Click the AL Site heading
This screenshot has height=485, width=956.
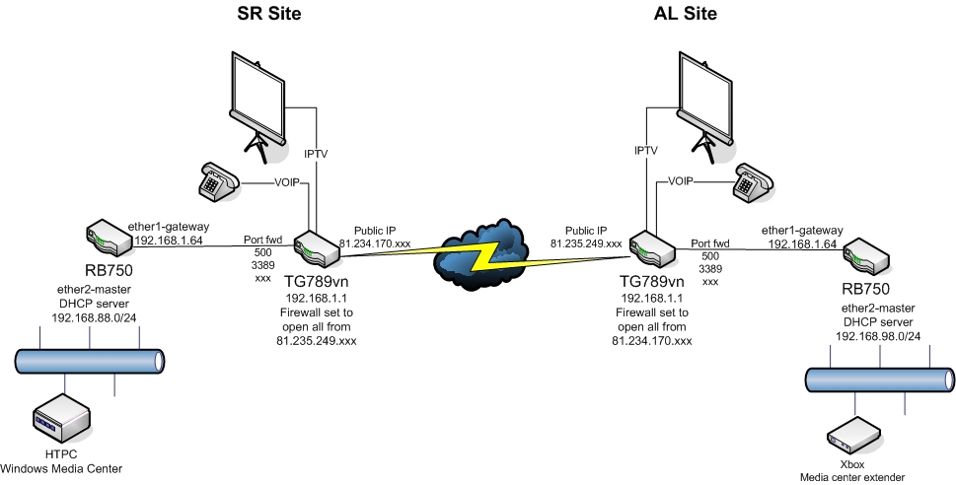(x=686, y=14)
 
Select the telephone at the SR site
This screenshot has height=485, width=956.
(x=214, y=179)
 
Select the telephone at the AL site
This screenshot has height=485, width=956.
(x=754, y=182)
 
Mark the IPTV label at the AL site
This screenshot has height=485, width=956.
(x=644, y=150)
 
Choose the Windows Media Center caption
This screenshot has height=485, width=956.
(x=62, y=467)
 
